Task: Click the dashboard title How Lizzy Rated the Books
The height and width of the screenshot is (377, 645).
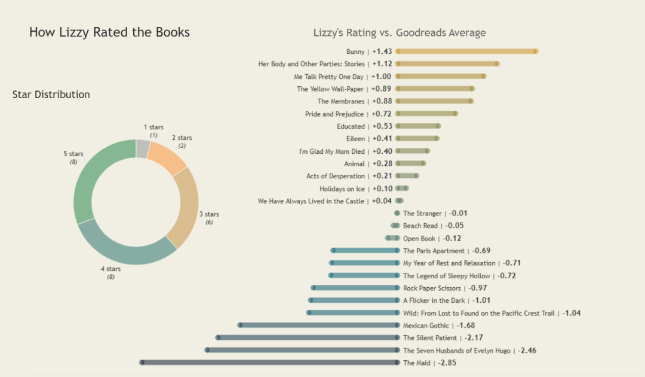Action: [109, 32]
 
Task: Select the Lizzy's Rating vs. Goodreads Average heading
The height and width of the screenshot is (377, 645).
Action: [400, 33]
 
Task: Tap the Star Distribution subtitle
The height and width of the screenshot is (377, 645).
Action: [51, 95]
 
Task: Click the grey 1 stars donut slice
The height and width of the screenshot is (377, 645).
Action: [142, 149]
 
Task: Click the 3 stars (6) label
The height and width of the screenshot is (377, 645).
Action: [209, 218]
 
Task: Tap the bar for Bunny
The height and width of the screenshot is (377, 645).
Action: [466, 51]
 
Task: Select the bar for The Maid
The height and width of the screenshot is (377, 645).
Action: [270, 363]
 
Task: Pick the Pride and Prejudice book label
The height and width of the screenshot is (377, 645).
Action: [334, 114]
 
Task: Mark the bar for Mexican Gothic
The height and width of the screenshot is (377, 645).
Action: [319, 325]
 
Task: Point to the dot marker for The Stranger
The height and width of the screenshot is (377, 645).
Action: [397, 213]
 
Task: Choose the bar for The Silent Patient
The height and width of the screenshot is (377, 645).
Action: [308, 338]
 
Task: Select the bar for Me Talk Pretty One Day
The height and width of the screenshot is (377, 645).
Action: [440, 76]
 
